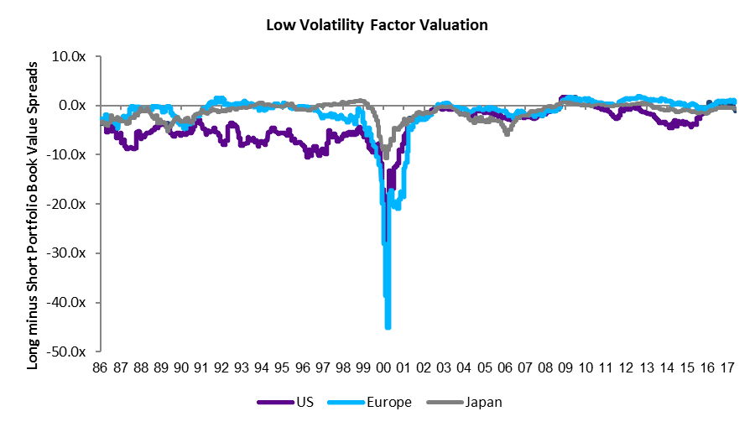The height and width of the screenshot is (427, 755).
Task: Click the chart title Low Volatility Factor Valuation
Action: click(x=377, y=24)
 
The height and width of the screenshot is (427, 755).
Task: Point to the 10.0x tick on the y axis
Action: click(x=75, y=56)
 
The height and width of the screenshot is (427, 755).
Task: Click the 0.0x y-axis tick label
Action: click(x=77, y=106)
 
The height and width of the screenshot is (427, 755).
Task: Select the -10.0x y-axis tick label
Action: click(x=73, y=154)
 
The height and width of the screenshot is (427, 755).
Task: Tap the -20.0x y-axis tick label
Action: click(x=73, y=204)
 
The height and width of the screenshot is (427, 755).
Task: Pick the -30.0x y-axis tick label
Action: click(x=73, y=253)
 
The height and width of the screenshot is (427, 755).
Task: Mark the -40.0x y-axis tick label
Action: click(x=73, y=302)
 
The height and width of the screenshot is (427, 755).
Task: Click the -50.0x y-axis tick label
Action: click(x=73, y=351)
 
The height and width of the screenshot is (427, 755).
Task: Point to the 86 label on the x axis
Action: click(x=100, y=367)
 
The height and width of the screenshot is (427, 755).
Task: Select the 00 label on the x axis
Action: click(x=383, y=367)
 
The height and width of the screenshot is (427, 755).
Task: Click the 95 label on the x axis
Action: click(x=282, y=367)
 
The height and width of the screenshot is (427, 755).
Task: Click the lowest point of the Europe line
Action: click(x=388, y=326)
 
